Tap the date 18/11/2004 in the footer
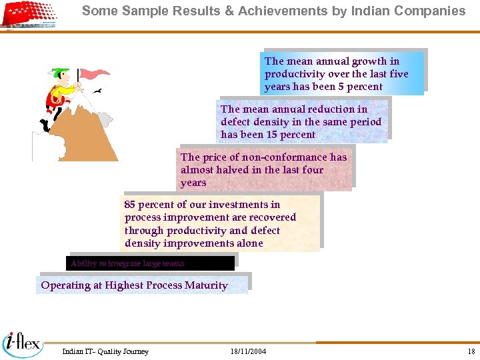248,351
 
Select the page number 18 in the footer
471,351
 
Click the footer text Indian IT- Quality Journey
105,351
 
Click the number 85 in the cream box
130,205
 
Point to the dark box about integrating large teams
151,263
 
